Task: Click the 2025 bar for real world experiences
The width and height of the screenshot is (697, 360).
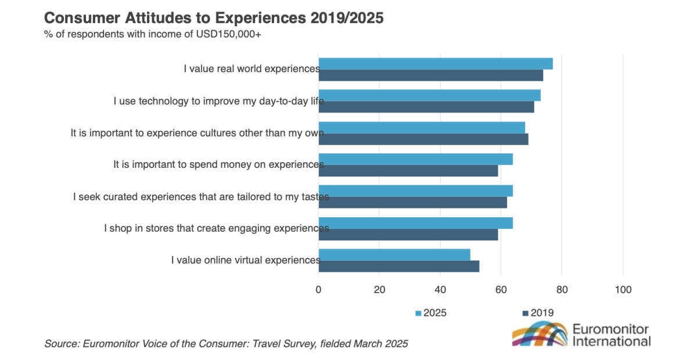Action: pyautogui.click(x=436, y=64)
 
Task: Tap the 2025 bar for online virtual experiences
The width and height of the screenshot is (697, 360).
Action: pyautogui.click(x=394, y=254)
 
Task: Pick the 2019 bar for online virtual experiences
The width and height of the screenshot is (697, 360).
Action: pyautogui.click(x=399, y=266)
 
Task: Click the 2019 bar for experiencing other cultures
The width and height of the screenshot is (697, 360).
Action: pyautogui.click(x=423, y=139)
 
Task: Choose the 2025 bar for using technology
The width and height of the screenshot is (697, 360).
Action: pyautogui.click(x=430, y=95)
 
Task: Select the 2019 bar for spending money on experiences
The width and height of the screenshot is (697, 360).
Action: pyautogui.click(x=408, y=171)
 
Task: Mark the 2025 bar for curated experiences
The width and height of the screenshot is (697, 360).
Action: pyautogui.click(x=416, y=190)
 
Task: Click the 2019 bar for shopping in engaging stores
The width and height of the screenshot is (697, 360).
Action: pyautogui.click(x=408, y=235)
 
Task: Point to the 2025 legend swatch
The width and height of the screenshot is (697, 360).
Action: pyautogui.click(x=418, y=313)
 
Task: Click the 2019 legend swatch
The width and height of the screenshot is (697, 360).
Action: pyautogui.click(x=526, y=313)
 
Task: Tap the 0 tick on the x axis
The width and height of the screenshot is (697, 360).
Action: pyautogui.click(x=318, y=289)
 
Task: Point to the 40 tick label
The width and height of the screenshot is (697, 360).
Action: pyautogui.click(x=440, y=289)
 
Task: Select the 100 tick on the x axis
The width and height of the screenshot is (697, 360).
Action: pyautogui.click(x=623, y=289)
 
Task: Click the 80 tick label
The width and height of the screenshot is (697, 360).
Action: pyautogui.click(x=562, y=289)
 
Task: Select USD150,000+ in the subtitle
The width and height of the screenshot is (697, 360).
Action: pyautogui.click(x=230, y=34)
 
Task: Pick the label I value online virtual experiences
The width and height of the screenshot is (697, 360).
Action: pyautogui.click(x=245, y=260)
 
